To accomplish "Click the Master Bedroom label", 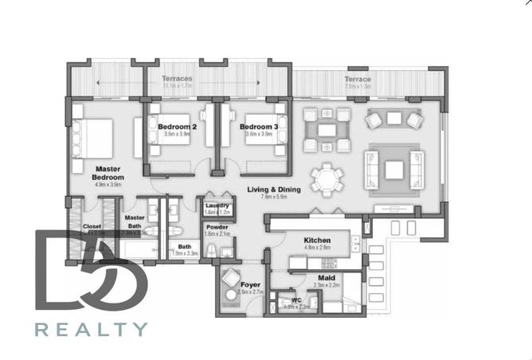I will [108, 173].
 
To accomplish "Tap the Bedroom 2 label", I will [177, 127].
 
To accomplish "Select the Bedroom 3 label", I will [259, 127].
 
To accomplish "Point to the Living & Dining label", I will [274, 190].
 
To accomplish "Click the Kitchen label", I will [316, 241].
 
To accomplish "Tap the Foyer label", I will [251, 284].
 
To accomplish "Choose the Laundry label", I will [217, 206].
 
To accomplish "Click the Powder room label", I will [217, 228].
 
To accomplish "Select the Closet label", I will [92, 226].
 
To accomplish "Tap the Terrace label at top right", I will [358, 80].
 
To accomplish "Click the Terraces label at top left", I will [177, 79].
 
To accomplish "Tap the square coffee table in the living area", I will [394, 169].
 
